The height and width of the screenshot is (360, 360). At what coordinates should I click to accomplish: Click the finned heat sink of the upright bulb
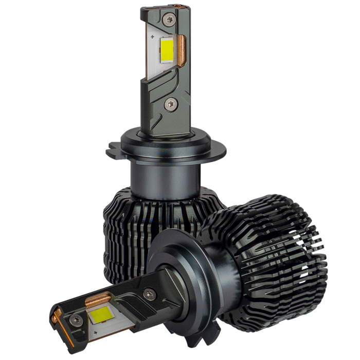(123, 226)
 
